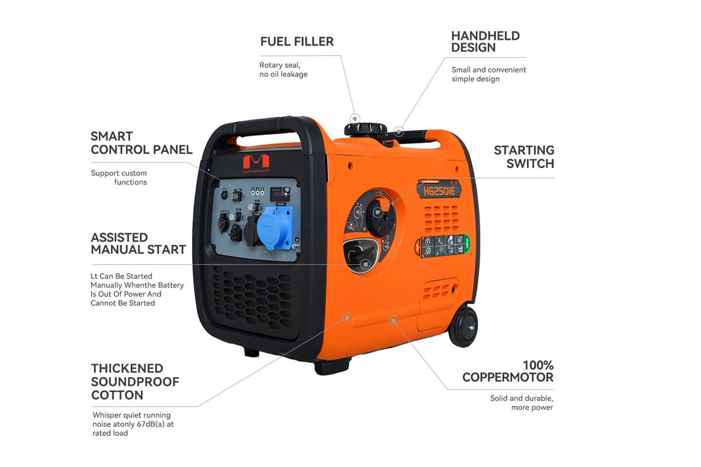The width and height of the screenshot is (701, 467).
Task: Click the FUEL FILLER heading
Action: [297, 41]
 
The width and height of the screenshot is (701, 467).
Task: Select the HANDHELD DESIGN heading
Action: [485, 41]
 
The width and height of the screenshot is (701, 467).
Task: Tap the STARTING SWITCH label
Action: [523, 157]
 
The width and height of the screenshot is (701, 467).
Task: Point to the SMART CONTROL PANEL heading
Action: [141, 142]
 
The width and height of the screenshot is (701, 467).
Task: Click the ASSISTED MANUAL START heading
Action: [138, 243]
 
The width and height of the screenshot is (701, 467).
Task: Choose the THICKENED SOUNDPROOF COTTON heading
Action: [135, 381]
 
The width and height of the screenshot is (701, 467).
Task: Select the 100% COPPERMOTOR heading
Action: [508, 371]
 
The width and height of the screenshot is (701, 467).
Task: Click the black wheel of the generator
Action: [463, 326]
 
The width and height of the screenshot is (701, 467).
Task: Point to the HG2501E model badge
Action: [439, 189]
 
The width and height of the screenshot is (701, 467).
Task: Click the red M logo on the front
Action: [255, 161]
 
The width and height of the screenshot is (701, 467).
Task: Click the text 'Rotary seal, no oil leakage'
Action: [283, 69]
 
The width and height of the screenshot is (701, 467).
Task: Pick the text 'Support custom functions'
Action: [119, 177]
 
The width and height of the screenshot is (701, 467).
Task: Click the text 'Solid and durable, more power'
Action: [521, 403]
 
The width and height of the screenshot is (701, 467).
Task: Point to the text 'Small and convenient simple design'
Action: [488, 74]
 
